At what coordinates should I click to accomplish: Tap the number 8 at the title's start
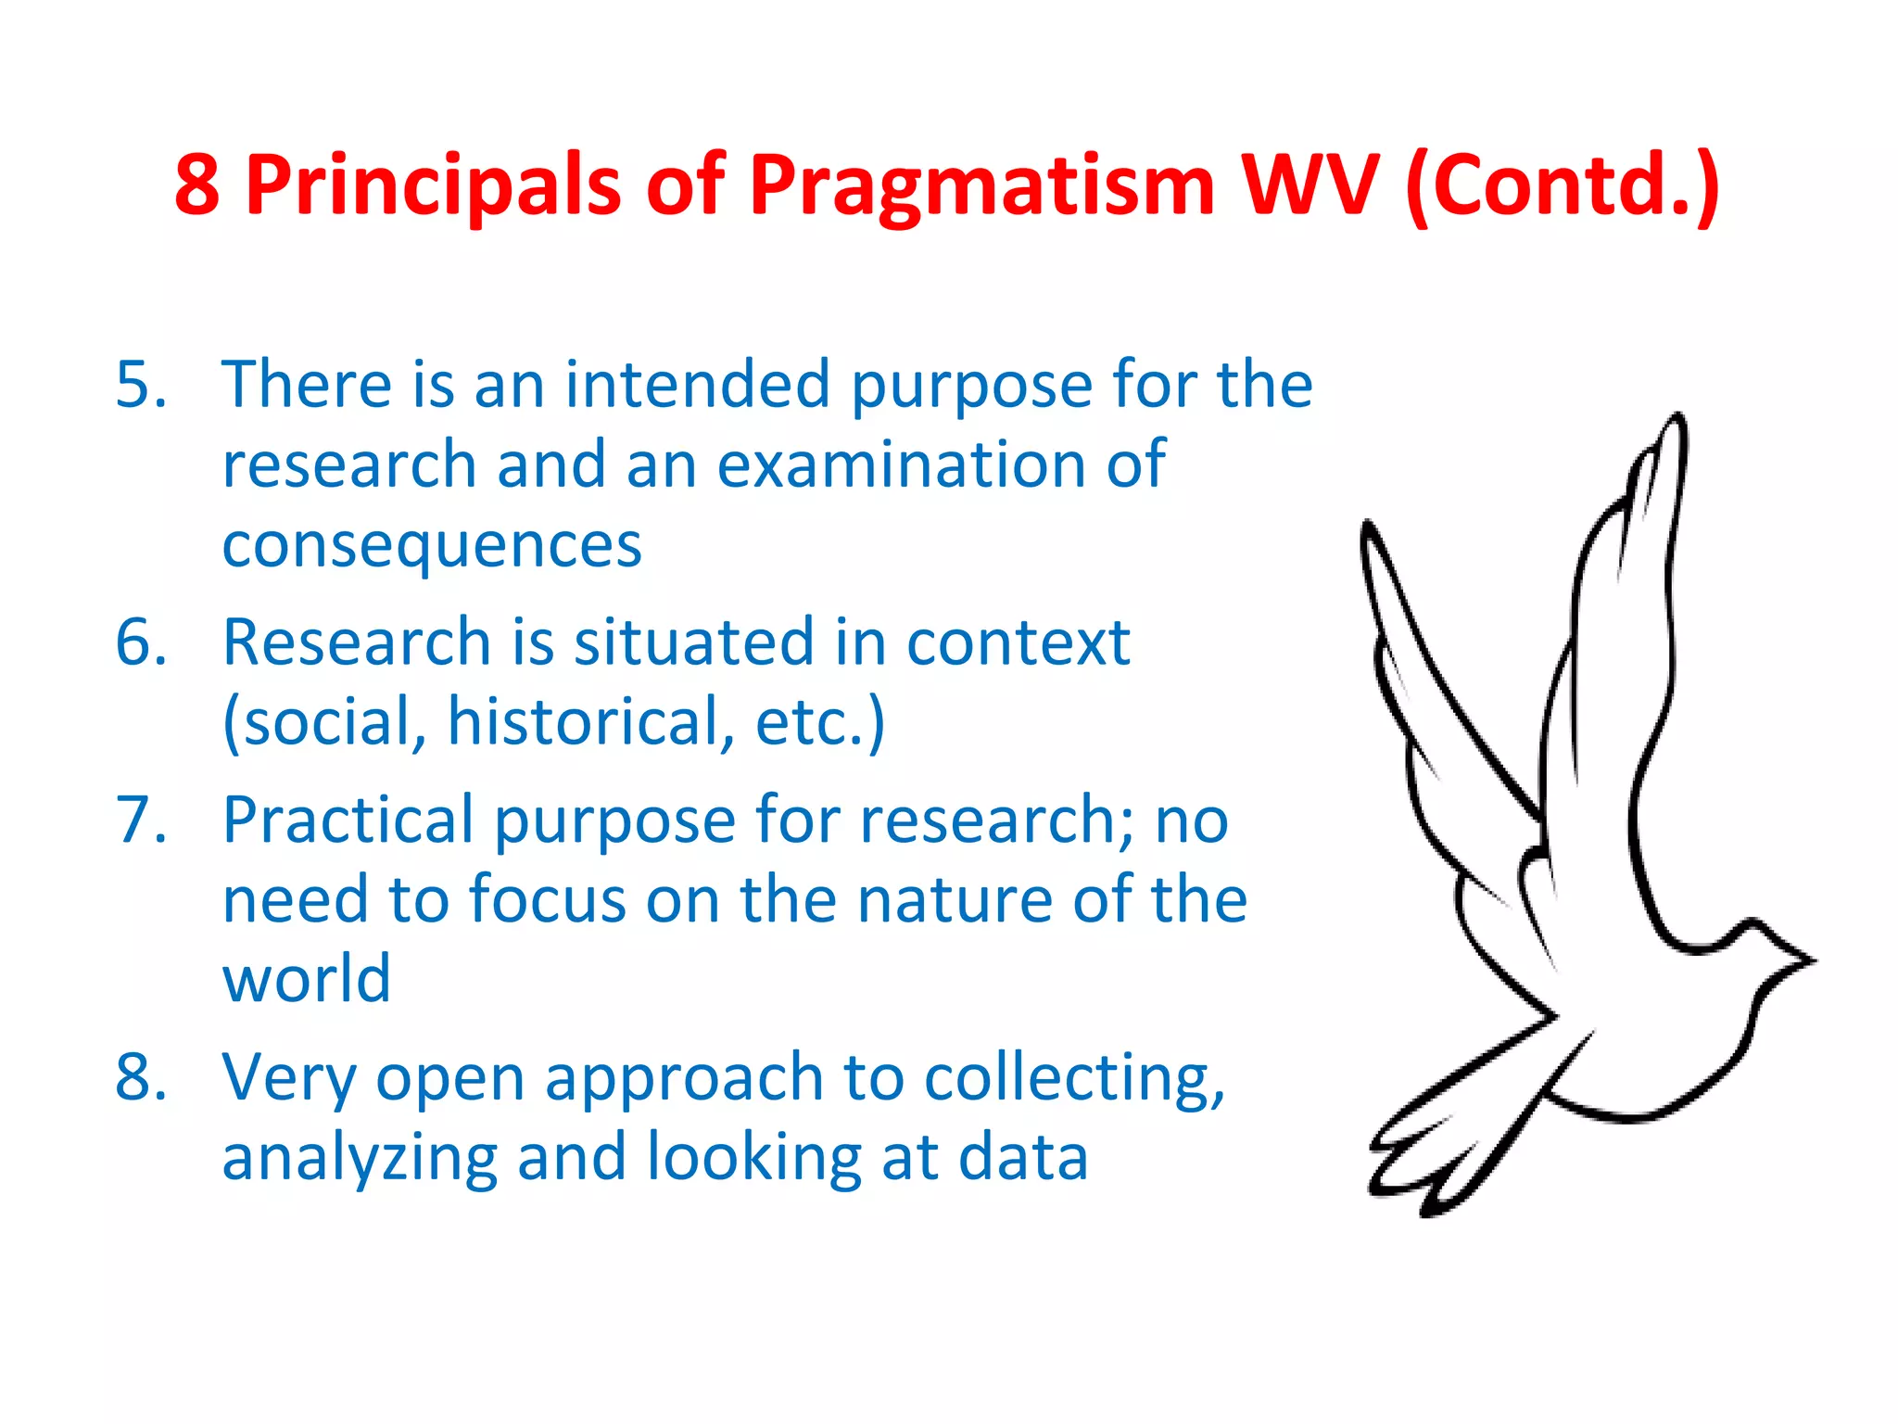(x=197, y=185)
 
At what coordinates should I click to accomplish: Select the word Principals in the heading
(x=433, y=185)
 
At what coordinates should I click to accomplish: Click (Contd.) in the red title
(x=1563, y=185)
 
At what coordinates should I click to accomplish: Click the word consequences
(x=432, y=545)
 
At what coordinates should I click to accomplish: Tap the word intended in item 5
(x=697, y=384)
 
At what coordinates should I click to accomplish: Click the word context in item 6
(x=1018, y=642)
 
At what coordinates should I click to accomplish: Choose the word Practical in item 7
(x=348, y=820)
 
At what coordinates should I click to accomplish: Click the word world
(x=307, y=979)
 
